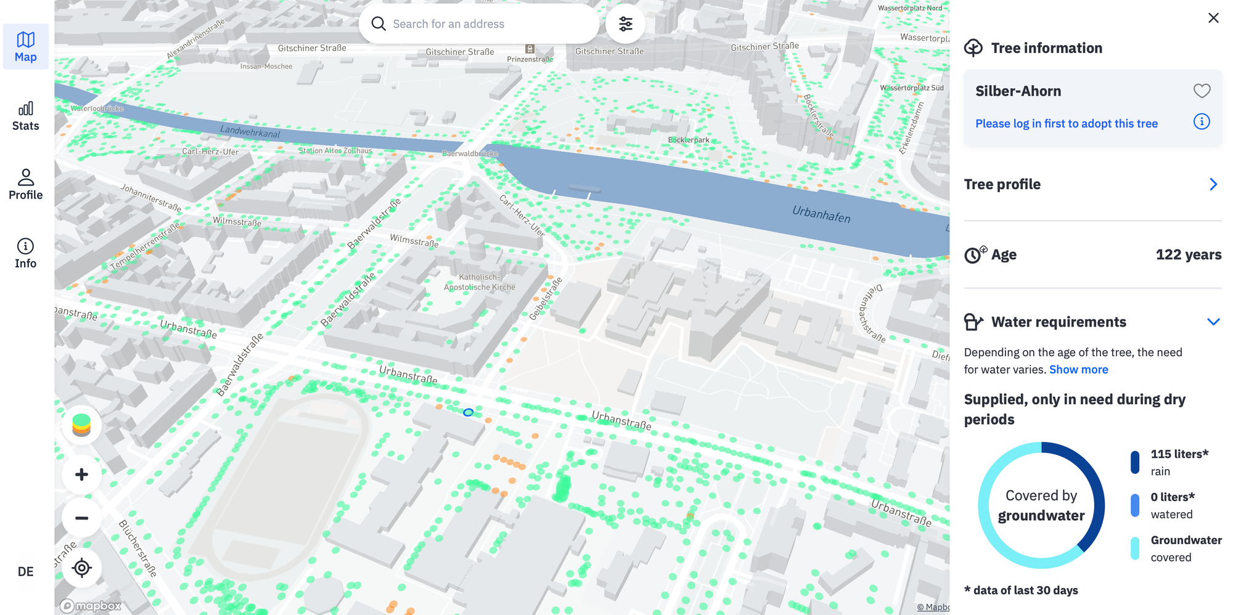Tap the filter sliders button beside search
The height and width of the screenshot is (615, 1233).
click(625, 24)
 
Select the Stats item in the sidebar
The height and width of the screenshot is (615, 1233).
click(25, 116)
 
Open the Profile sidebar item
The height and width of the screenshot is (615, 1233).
click(25, 185)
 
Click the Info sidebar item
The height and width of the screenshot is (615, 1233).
click(25, 254)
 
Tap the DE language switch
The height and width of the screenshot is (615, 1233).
click(25, 571)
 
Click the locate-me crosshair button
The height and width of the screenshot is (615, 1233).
click(81, 568)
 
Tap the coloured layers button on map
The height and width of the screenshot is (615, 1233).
click(81, 425)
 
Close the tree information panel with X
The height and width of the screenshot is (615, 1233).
click(1213, 18)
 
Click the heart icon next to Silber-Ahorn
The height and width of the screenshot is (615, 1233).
click(1202, 91)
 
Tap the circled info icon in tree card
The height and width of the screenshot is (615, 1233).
click(1202, 121)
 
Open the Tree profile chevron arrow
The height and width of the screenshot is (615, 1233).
click(1213, 184)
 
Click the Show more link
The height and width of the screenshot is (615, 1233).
click(1078, 369)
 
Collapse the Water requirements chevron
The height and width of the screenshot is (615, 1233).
click(1213, 322)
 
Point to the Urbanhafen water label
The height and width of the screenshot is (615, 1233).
click(821, 214)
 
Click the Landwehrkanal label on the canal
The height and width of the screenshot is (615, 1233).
click(250, 131)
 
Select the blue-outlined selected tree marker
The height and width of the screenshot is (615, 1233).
click(468, 412)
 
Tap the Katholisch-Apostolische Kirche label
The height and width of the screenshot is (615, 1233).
click(480, 282)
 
